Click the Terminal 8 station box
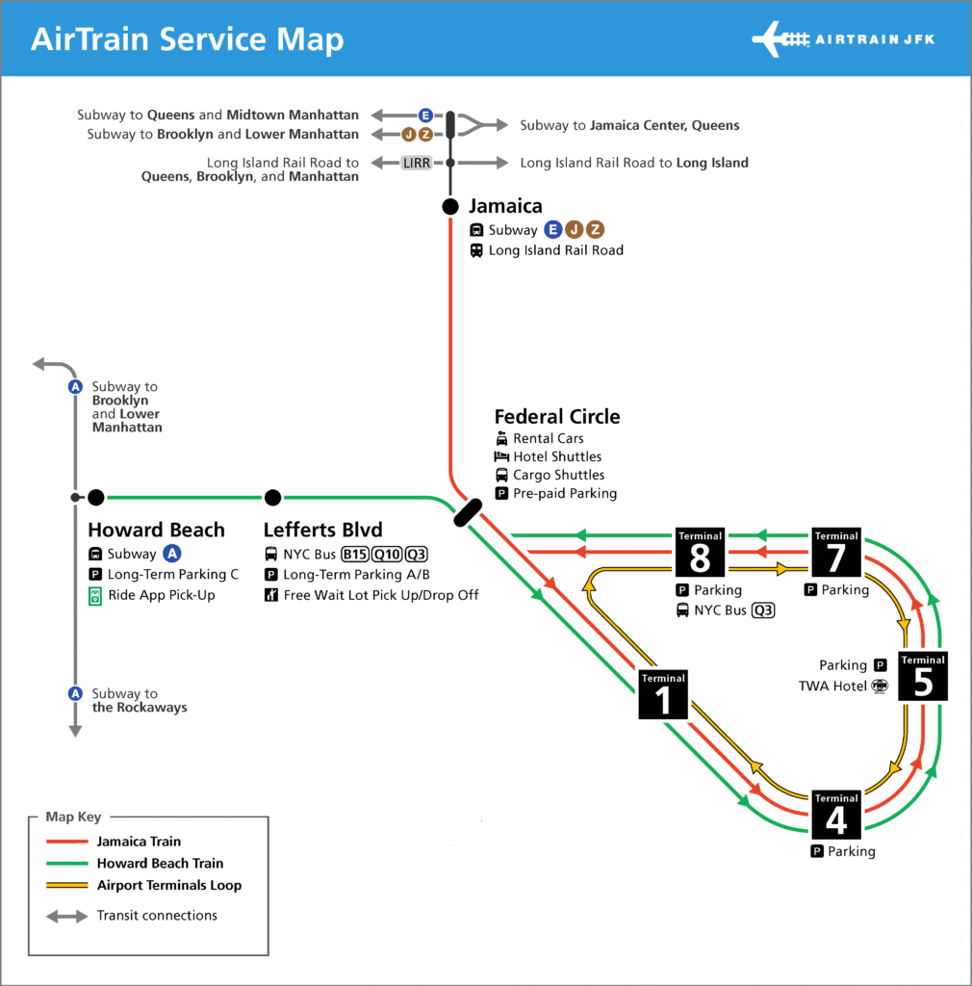700,552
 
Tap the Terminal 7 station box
836,552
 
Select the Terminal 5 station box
923,676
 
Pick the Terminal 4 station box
836,815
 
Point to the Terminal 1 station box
663,694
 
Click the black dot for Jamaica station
450,206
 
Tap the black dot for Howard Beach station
96,498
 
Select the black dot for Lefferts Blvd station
272,498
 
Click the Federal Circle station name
557,416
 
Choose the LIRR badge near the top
417,163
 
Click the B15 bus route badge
355,554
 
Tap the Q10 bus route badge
387,554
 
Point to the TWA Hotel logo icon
880,686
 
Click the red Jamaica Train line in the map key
67,842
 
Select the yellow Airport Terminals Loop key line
67,886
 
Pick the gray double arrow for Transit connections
67,917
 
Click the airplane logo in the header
780,39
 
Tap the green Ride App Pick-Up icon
95,596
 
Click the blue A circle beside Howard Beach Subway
172,554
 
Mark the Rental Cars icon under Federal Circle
501,438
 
